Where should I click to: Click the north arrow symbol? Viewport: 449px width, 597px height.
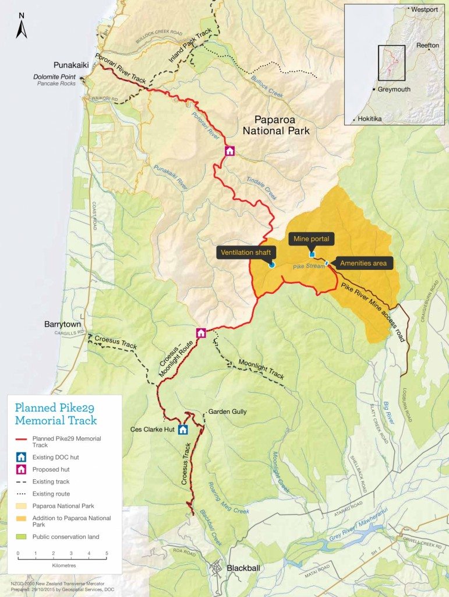22,26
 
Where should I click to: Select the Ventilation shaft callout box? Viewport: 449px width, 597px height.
245,252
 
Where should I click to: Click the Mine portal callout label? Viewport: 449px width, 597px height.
312,238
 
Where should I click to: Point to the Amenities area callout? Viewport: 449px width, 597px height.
363,264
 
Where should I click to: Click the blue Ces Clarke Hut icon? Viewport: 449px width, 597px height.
183,430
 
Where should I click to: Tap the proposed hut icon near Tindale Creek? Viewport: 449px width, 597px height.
230,151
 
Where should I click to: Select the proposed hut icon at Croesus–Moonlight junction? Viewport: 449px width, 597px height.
201,333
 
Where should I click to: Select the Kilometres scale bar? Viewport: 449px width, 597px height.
62,559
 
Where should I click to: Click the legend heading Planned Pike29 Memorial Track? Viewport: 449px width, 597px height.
56,413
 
